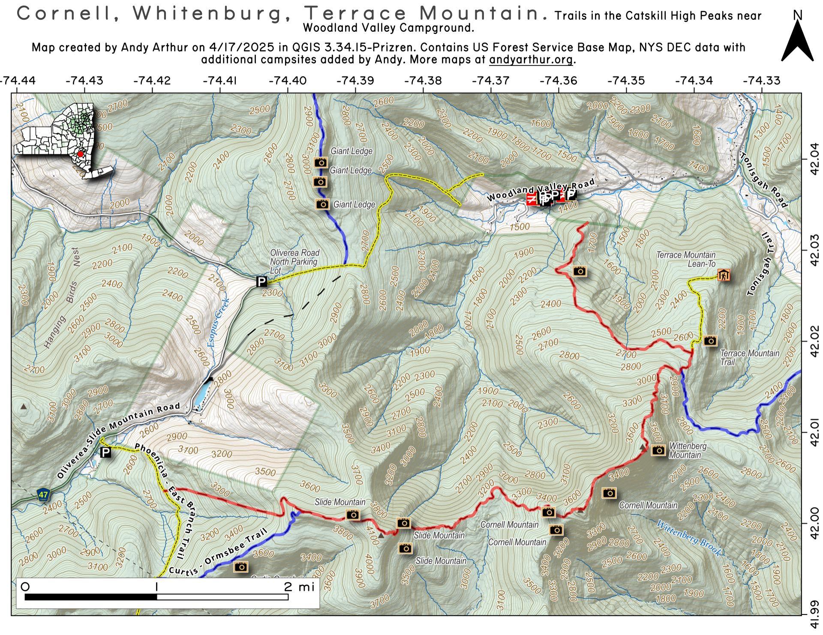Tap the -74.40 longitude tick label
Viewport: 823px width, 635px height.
[287, 81]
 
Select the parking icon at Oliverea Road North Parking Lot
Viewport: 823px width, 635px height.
[261, 282]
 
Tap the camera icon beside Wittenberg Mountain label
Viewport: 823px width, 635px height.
[658, 450]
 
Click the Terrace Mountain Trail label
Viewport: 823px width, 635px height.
[749, 357]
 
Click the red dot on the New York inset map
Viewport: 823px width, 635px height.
[80, 154]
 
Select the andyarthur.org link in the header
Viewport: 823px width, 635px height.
[531, 60]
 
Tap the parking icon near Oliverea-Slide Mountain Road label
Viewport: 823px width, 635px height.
[105, 452]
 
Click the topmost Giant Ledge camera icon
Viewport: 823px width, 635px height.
[321, 162]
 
